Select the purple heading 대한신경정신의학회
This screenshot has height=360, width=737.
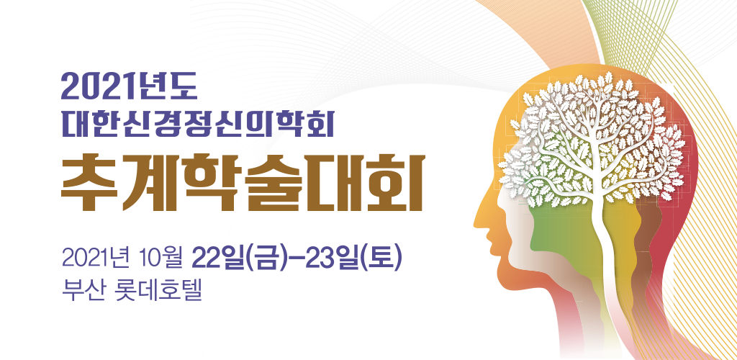(x=197, y=124)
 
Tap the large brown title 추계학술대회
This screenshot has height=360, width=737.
(x=243, y=184)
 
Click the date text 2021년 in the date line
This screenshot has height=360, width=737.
(x=97, y=259)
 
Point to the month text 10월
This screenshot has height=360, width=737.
(x=160, y=259)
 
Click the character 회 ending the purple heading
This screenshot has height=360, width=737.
(x=320, y=124)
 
